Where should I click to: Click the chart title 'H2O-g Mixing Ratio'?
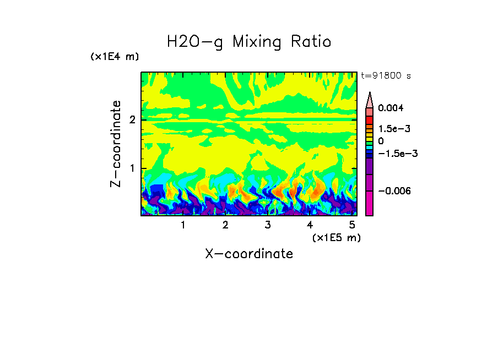tap(249, 42)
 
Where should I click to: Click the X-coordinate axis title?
tap(249, 254)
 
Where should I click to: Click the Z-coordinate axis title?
tap(116, 144)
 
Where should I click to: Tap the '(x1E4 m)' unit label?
tap(115, 57)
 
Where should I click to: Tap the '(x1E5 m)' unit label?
tap(336, 237)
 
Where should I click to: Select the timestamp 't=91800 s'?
tap(386, 76)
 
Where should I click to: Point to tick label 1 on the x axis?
tap(183, 225)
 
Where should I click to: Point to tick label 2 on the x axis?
tap(225, 225)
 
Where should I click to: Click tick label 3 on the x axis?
tap(267, 225)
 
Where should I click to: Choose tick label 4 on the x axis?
tap(310, 225)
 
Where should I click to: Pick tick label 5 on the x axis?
tap(352, 225)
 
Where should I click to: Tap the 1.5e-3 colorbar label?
tap(390, 128)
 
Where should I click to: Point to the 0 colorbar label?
tap(381, 141)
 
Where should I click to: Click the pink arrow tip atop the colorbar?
tap(370, 99)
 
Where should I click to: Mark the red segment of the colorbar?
tap(370, 119)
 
